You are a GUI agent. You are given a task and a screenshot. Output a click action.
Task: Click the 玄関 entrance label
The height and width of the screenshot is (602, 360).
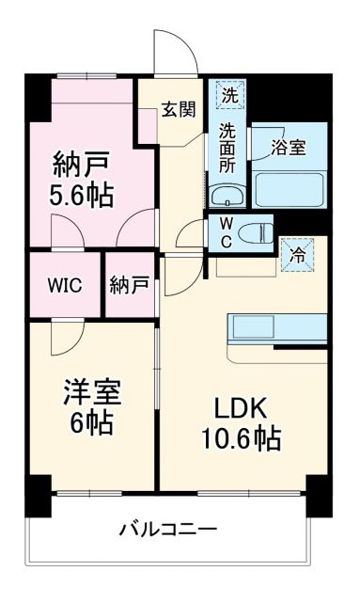point(178,108)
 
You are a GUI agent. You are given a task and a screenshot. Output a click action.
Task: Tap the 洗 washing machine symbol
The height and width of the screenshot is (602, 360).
point(230,94)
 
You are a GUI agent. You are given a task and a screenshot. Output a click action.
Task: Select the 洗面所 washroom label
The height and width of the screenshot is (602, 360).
point(228,147)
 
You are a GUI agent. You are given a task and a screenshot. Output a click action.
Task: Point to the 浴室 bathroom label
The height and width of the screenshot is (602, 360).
point(288,148)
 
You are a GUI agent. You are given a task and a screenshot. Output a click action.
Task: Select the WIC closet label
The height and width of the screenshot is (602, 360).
point(65,285)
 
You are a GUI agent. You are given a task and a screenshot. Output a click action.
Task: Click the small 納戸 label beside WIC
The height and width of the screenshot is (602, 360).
point(128,285)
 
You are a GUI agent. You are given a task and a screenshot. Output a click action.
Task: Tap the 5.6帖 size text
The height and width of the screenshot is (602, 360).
point(81,196)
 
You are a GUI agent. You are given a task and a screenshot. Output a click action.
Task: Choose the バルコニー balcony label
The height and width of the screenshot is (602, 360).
point(167,529)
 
